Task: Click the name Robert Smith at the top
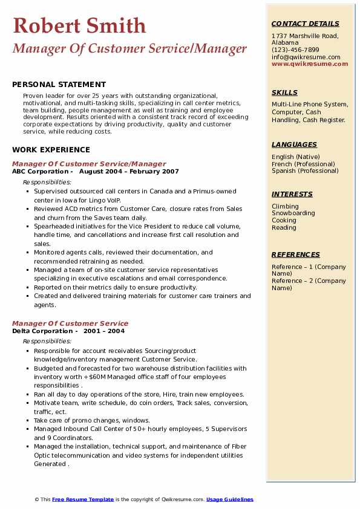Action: pyautogui.click(x=79, y=25)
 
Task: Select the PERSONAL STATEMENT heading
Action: pyautogui.click(x=59, y=85)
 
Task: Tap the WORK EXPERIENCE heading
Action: pyautogui.click(x=51, y=150)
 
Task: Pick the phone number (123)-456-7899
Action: pyautogui.click(x=295, y=50)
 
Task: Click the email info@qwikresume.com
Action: pyautogui.click(x=306, y=57)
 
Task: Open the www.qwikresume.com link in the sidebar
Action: pyautogui.click(x=310, y=63)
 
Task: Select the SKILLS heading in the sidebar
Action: pyautogui.click(x=284, y=92)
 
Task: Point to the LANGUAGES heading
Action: pyautogui.click(x=294, y=144)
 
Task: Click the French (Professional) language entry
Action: pyautogui.click(x=303, y=164)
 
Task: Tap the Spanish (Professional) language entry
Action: pyautogui.click(x=305, y=170)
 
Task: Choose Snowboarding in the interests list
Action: pyautogui.click(x=293, y=213)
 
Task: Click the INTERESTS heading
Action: pyautogui.click(x=292, y=194)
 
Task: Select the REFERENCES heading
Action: pyautogui.click(x=295, y=254)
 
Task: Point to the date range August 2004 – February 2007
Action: pyautogui.click(x=129, y=172)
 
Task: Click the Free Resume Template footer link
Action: pyautogui.click(x=83, y=499)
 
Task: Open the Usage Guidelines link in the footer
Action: pyautogui.click(x=230, y=499)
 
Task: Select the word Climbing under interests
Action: pyautogui.click(x=285, y=206)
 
